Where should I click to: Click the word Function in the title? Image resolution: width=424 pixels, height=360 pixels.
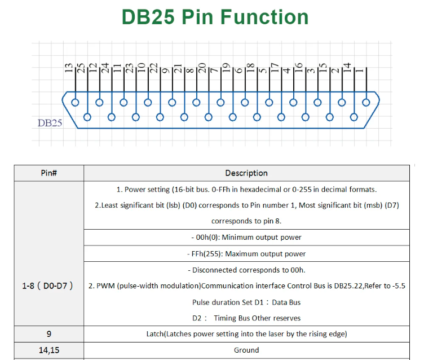[264, 17]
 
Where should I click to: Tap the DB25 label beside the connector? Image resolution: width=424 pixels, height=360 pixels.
[50, 123]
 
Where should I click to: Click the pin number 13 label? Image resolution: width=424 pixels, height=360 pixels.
[69, 68]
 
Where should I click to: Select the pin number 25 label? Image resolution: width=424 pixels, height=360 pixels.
[81, 68]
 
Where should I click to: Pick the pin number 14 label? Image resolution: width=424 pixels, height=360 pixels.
[347, 67]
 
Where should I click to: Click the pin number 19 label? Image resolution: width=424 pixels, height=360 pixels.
[226, 68]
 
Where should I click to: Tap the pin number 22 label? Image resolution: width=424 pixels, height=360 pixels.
[153, 68]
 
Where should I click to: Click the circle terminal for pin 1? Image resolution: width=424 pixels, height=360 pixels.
[366, 103]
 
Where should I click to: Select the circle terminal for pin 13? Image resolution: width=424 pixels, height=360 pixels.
[75, 103]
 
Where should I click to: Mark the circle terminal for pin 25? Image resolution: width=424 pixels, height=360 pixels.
[87, 117]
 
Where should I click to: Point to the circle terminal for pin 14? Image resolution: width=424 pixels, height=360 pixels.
[354, 117]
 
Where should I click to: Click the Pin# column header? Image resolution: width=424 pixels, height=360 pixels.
[49, 173]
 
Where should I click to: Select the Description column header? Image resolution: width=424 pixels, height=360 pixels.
[246, 173]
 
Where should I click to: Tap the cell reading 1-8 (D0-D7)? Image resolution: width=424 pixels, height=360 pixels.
[47, 286]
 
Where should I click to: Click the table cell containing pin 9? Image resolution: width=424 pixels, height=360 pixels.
[49, 333]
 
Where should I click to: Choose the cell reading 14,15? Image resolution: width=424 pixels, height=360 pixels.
[49, 350]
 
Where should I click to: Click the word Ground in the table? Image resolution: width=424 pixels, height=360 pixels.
[246, 350]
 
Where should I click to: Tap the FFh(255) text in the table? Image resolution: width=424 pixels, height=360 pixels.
[207, 253]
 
